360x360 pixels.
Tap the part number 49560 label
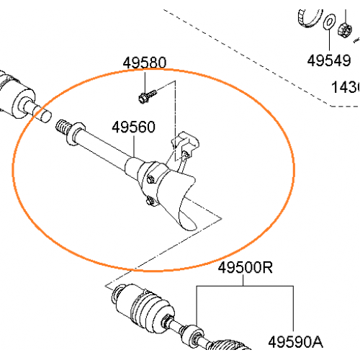coord(133,127)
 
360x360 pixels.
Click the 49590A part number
coord(296,341)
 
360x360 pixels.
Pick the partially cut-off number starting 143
coord(345,87)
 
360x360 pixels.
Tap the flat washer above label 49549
coord(328,23)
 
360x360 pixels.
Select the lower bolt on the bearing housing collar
coord(149,202)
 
